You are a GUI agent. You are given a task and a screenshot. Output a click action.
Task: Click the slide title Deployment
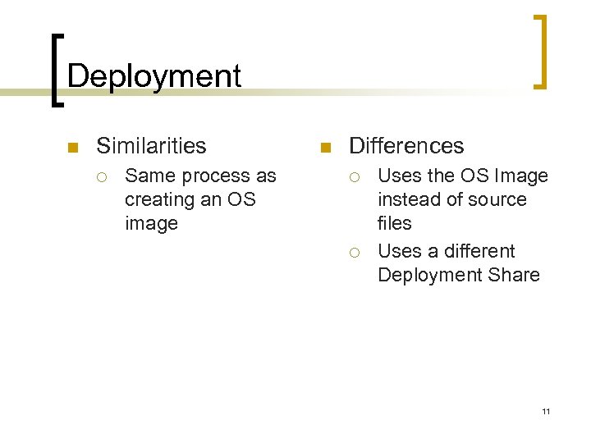(x=154, y=76)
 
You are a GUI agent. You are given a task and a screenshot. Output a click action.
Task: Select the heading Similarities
(x=151, y=146)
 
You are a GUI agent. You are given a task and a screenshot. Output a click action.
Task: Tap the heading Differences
(x=406, y=146)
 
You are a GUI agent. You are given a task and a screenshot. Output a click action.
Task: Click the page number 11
(x=546, y=410)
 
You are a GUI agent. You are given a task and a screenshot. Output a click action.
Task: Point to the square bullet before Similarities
(x=71, y=148)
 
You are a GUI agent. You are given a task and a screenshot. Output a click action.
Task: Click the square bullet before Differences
(x=324, y=148)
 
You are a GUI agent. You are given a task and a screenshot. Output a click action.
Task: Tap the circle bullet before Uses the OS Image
(x=354, y=176)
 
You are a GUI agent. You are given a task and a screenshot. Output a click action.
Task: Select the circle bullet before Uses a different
(x=354, y=252)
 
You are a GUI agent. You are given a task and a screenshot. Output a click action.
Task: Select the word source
(x=498, y=199)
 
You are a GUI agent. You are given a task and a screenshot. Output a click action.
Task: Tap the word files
(x=394, y=223)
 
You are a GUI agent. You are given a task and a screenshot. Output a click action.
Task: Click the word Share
(x=514, y=275)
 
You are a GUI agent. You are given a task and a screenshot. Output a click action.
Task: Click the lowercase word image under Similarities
(x=151, y=224)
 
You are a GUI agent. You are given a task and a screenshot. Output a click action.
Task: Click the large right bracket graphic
(x=539, y=51)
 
